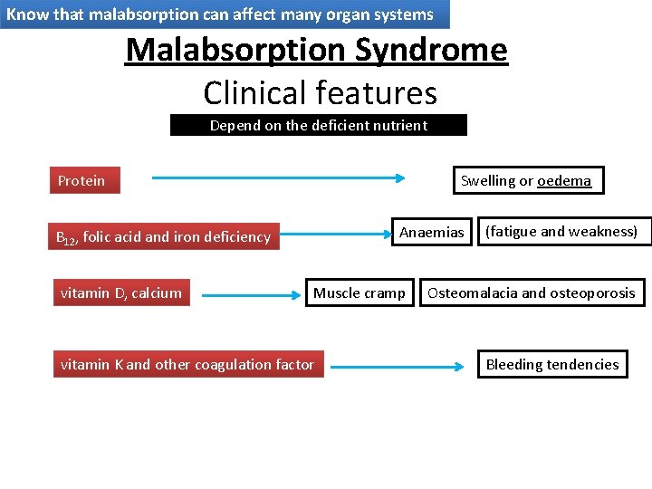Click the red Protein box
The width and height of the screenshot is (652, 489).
[83, 180]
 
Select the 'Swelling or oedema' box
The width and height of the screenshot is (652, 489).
[526, 180]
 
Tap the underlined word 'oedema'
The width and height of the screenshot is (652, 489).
[563, 180]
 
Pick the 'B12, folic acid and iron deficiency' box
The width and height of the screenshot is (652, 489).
[165, 236]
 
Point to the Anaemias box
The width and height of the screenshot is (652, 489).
[431, 233]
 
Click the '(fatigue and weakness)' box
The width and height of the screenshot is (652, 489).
[561, 232]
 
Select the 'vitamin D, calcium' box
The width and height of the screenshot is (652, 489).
[121, 292]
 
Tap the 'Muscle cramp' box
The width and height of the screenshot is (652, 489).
[360, 293]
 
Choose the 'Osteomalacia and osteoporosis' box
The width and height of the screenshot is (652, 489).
[532, 292]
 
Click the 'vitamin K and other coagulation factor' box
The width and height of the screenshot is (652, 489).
[187, 364]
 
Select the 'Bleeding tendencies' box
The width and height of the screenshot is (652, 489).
[552, 364]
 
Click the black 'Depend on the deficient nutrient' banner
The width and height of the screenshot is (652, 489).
[319, 125]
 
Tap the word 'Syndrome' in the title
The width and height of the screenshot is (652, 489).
[431, 49]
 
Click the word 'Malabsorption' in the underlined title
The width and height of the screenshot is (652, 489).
[236, 49]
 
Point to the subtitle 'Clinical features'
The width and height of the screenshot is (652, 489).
[320, 92]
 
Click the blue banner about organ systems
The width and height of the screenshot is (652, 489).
[224, 14]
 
